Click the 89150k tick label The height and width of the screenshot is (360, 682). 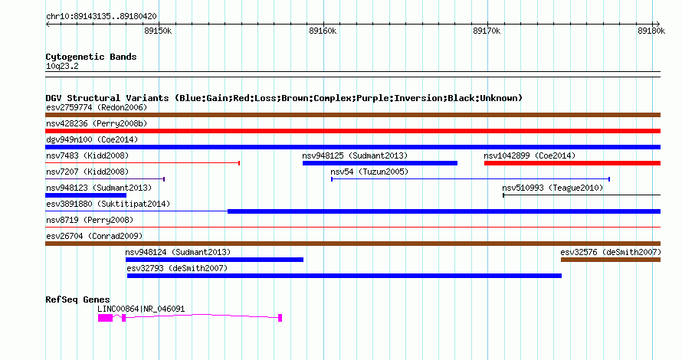(158, 31)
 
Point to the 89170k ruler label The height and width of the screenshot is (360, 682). (487, 31)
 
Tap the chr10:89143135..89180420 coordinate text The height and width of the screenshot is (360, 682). (101, 17)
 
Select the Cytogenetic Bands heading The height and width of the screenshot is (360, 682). (91, 57)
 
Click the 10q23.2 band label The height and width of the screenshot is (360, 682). (62, 66)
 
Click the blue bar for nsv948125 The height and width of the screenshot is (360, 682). (380, 163)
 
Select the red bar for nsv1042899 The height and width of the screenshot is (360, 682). (572, 163)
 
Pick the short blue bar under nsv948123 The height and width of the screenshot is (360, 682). (86, 195)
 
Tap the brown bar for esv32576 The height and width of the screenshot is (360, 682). (611, 260)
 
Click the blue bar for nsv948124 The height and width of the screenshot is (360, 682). (215, 260)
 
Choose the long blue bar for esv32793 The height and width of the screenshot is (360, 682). (344, 276)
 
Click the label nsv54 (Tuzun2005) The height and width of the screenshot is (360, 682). (369, 172)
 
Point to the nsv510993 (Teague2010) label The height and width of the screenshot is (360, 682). (552, 188)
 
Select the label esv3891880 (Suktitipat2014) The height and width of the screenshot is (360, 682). (108, 204)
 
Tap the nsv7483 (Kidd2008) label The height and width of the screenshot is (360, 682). (87, 155)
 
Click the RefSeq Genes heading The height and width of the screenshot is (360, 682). (78, 299)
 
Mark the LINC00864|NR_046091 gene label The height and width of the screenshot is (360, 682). (141, 309)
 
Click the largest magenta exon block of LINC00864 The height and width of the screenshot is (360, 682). (105, 318)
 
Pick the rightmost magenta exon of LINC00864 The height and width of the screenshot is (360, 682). (280, 318)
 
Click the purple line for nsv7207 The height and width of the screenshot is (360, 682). (105, 178)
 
